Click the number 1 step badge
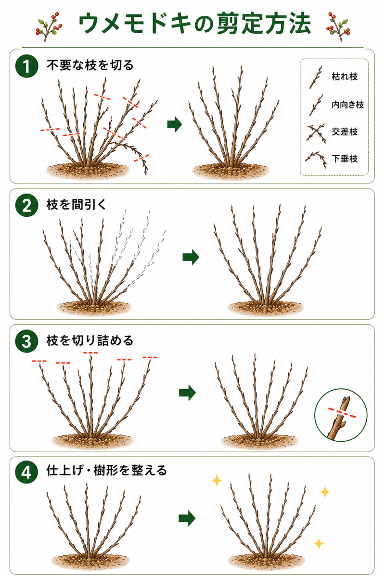tap(27, 66)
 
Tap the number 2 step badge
tap(27, 205)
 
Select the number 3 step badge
tap(27, 341)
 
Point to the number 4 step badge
tap(27, 473)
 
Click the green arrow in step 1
tap(175, 124)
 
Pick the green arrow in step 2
tap(191, 257)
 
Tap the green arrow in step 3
tap(188, 393)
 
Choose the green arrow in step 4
tap(187, 518)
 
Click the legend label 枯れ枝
tap(345, 77)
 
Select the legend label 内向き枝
tap(347, 105)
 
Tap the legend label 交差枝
tap(345, 132)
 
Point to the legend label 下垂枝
tap(345, 158)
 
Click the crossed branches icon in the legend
tap(316, 133)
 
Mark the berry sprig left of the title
tap(49, 26)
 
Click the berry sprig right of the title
tap(338, 26)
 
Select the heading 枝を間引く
tap(77, 205)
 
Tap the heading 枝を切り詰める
tap(90, 341)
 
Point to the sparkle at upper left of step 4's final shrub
tap(217, 480)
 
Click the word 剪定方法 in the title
tap(264, 24)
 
